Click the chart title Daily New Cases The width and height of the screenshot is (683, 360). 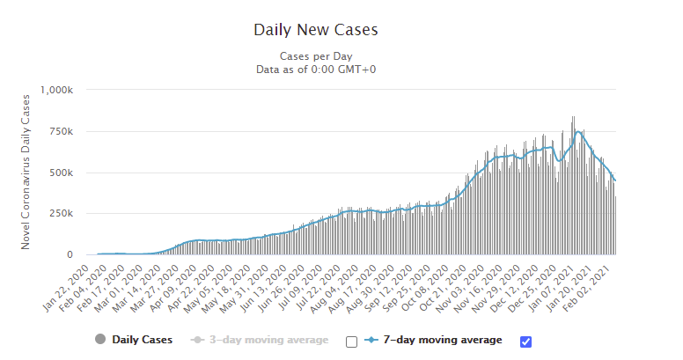[315, 29]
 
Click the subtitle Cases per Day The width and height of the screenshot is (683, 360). [315, 55]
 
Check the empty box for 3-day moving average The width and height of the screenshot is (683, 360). [351, 342]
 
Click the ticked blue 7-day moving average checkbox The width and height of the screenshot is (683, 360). [526, 342]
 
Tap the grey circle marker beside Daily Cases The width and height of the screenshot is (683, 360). [100, 340]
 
